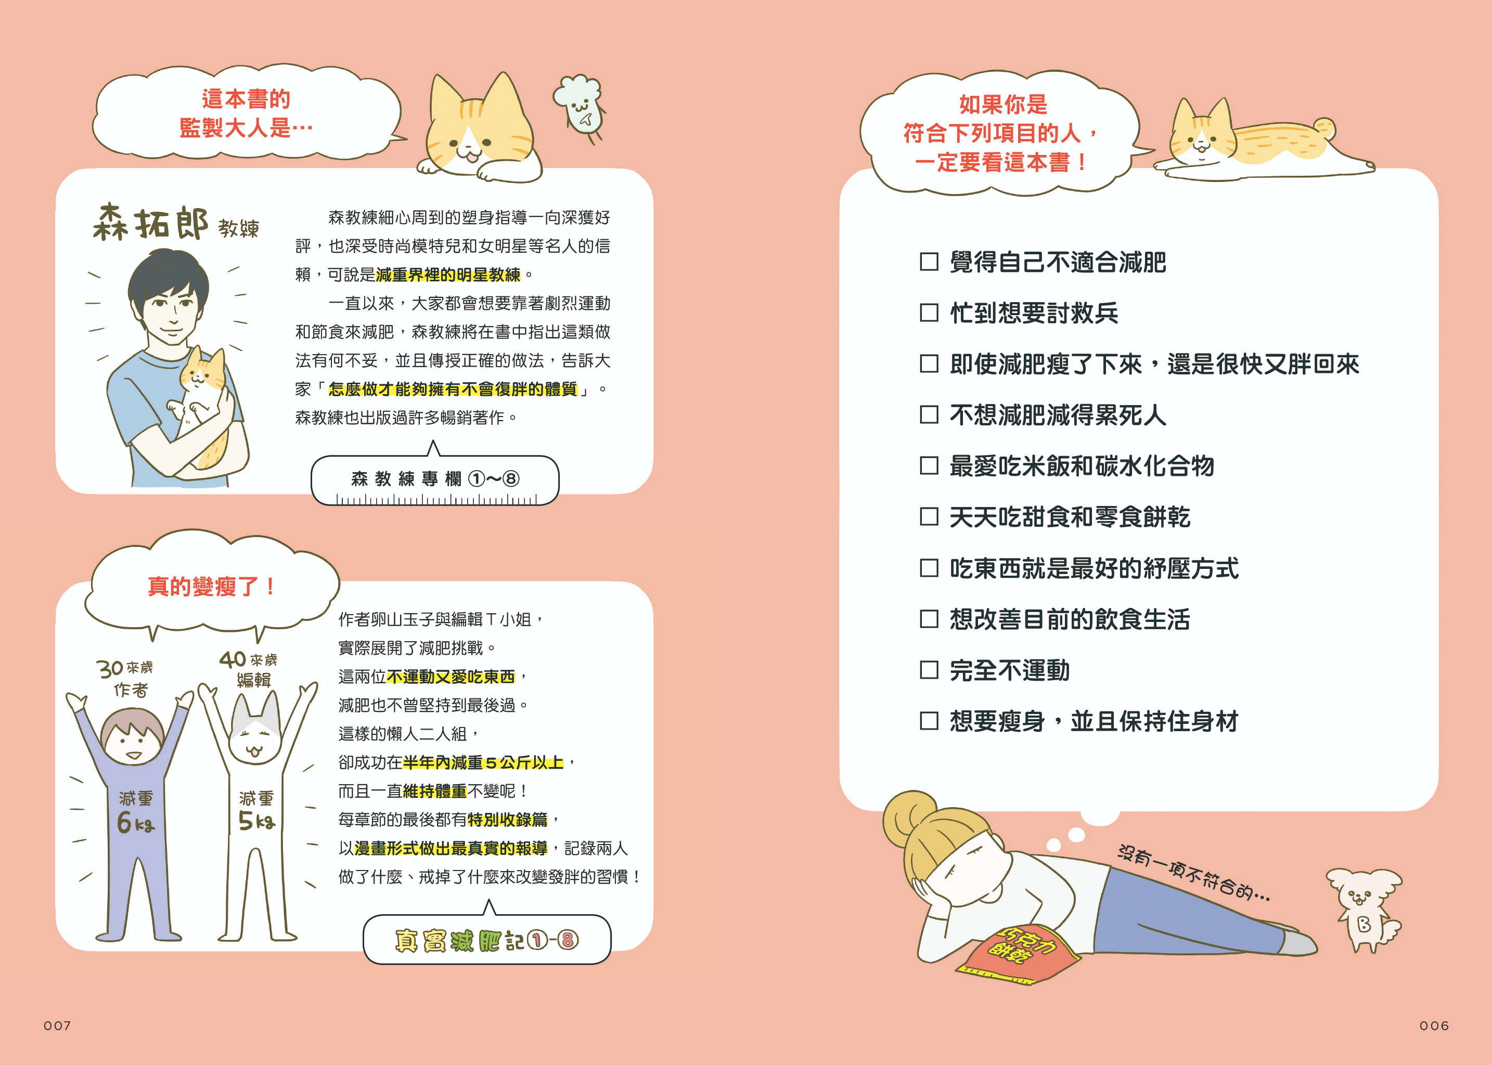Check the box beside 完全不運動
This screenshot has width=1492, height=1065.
click(x=929, y=670)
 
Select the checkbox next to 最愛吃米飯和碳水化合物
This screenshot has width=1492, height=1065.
click(x=929, y=465)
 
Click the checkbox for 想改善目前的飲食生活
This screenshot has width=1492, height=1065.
click(x=929, y=618)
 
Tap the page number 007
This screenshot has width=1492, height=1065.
click(x=57, y=1025)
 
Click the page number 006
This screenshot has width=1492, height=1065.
click(x=1434, y=1025)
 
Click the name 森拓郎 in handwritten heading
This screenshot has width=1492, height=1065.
click(x=150, y=223)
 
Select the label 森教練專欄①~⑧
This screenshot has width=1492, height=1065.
click(x=434, y=479)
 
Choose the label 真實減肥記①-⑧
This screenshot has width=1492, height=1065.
click(x=487, y=940)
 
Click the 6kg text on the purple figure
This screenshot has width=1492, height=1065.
click(x=135, y=822)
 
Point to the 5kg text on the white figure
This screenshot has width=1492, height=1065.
click(x=256, y=821)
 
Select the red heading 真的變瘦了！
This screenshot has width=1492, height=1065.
click(x=211, y=586)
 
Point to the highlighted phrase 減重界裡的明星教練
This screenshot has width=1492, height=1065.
click(x=448, y=275)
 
